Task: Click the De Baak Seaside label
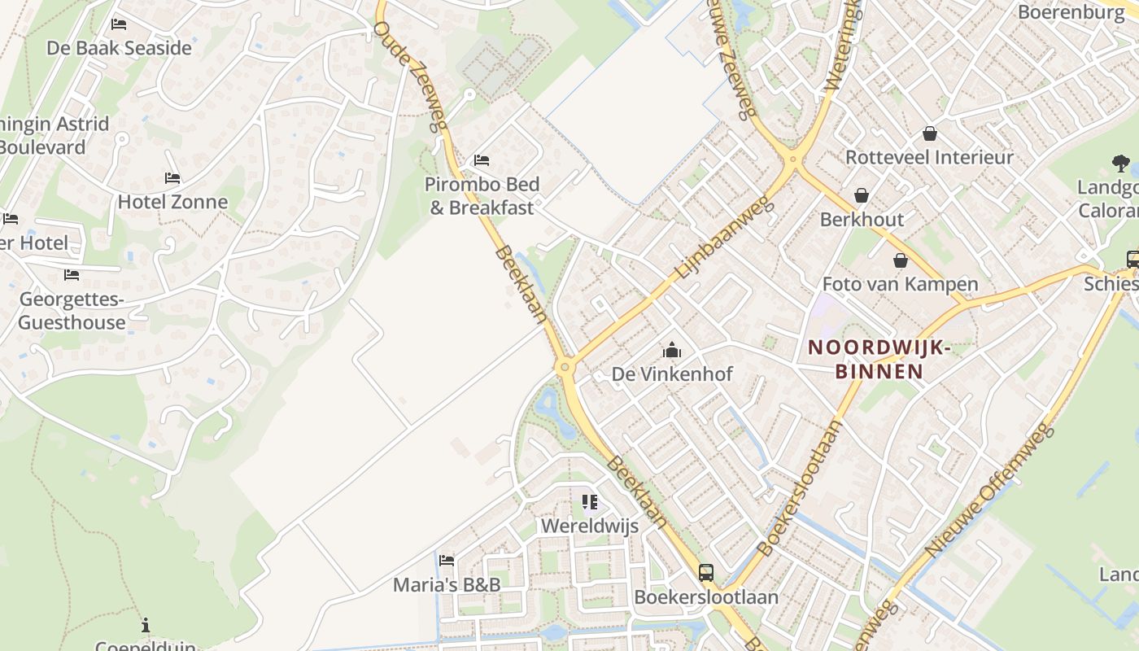(119, 48)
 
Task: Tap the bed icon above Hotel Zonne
(172, 177)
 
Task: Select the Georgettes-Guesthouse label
(72, 311)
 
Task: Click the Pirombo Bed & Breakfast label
(479, 196)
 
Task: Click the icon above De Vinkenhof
(672, 351)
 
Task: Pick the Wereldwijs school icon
(590, 502)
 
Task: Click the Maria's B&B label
(447, 584)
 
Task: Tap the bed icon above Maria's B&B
(446, 560)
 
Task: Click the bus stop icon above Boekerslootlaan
(706, 573)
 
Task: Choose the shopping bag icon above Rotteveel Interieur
(929, 133)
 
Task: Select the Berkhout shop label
(862, 220)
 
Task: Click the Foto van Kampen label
(900, 284)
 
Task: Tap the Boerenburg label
(1071, 12)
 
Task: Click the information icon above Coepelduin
(146, 625)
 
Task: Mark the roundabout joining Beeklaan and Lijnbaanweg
(565, 368)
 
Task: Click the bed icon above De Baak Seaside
(119, 24)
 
